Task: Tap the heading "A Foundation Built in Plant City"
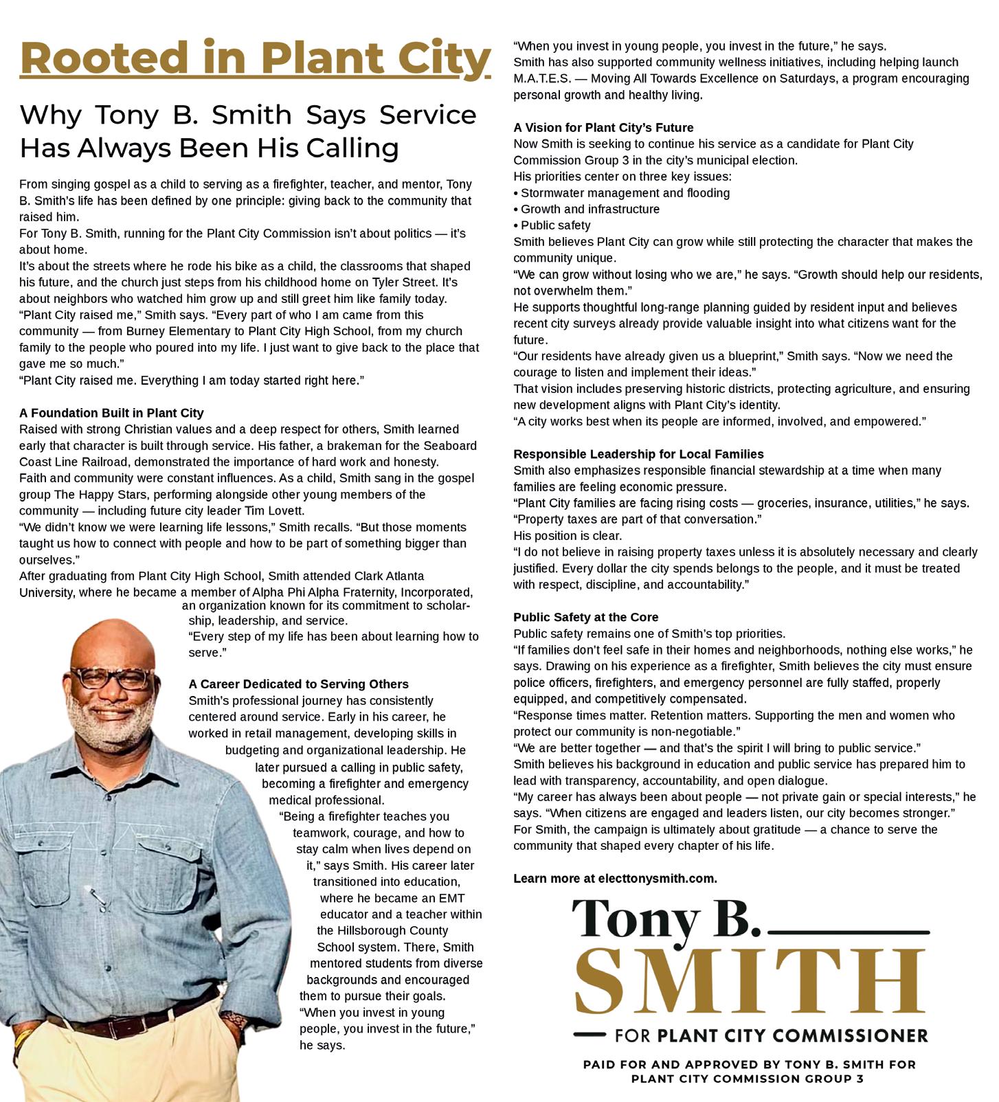(111, 413)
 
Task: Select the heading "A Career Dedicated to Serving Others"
(298, 684)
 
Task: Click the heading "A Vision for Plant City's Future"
(603, 128)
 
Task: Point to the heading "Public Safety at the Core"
(585, 617)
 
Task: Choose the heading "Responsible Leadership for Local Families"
(638, 454)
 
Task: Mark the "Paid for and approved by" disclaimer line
(749, 1071)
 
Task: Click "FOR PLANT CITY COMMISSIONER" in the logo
(771, 1035)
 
